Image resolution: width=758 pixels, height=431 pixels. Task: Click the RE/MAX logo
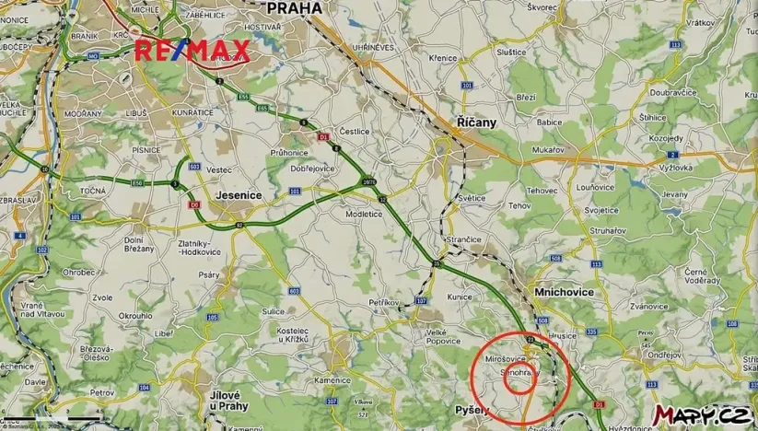[192, 51]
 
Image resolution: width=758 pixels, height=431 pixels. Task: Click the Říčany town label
[476, 122]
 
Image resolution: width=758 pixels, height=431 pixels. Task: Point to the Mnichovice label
[564, 292]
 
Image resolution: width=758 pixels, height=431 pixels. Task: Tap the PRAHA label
[294, 7]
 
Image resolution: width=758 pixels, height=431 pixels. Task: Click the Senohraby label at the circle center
[519, 373]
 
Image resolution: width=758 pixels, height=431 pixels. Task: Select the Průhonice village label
[289, 152]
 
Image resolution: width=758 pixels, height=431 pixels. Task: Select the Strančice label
[464, 239]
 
